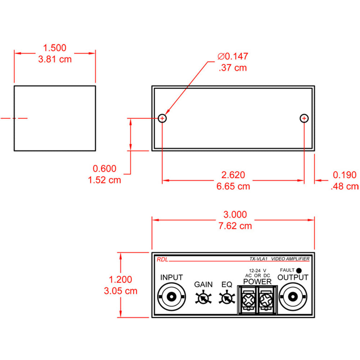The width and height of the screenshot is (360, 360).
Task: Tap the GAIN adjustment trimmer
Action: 203,298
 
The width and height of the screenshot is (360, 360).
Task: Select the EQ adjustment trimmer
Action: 226,298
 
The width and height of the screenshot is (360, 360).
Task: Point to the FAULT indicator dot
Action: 299,270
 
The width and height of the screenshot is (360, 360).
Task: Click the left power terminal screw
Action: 248,299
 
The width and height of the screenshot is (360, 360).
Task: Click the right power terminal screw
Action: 266,299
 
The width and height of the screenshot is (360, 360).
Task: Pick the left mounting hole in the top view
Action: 162,118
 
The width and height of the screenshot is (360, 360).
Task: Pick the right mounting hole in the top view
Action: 304,118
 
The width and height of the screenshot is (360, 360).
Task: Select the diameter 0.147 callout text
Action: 233,57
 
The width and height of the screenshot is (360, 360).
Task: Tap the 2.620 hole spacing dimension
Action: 233,175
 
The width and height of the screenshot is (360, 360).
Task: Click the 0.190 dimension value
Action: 345,175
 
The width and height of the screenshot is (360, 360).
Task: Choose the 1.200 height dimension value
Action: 121,279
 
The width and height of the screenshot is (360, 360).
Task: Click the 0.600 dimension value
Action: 105,168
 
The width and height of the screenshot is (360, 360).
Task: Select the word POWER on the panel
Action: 257,281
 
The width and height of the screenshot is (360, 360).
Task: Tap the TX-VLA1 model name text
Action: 258,259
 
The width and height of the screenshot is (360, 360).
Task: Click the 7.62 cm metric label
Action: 235,226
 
